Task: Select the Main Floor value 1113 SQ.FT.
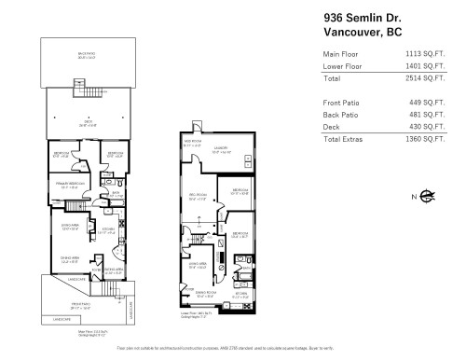pos(421,56)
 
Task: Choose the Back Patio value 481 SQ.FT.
pos(425,113)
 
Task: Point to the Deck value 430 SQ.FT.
pos(425,126)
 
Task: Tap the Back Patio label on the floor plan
pos(89,57)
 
